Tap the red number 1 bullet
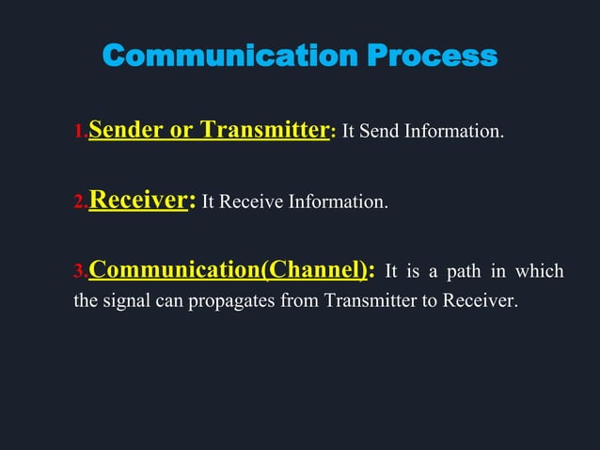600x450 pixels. [x=81, y=133]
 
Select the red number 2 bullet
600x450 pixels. [x=81, y=202]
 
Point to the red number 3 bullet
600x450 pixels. [x=81, y=274]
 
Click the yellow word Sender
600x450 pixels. [x=125, y=129]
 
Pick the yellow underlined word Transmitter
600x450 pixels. [x=265, y=129]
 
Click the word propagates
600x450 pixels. [x=234, y=304]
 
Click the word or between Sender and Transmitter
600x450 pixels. [x=181, y=130]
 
